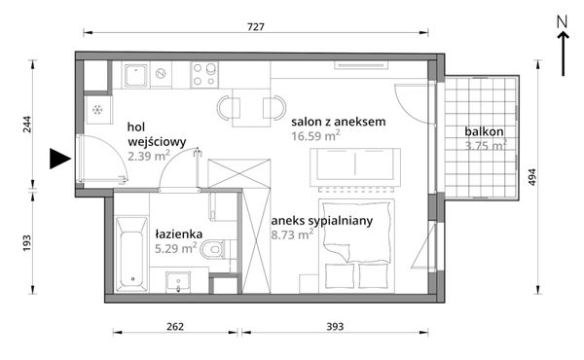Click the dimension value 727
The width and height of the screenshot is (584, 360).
[256, 28]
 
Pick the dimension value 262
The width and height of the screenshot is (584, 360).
[175, 327]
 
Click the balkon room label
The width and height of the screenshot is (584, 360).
[484, 131]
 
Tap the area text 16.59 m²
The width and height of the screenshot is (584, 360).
[316, 136]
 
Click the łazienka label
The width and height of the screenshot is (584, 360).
[177, 234]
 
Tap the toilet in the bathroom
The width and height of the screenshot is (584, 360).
[220, 251]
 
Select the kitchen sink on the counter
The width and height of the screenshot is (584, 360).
[137, 73]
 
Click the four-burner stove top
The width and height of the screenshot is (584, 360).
[204, 74]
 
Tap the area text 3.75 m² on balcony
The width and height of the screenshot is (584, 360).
[486, 146]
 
